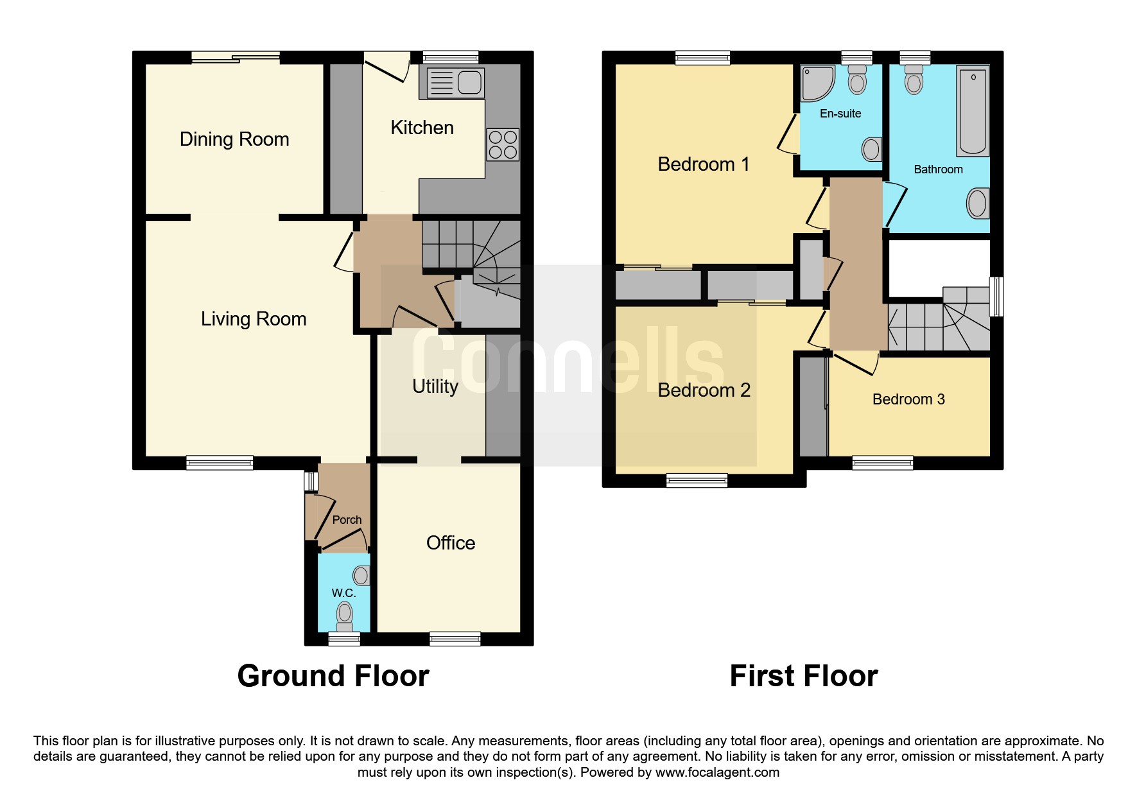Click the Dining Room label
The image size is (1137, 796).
[234, 139]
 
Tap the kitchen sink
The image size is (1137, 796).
[455, 83]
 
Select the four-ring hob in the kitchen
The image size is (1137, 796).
[503, 144]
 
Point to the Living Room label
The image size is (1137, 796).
[254, 319]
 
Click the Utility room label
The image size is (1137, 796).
[435, 386]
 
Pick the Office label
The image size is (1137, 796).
[451, 543]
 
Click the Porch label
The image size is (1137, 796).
[347, 520]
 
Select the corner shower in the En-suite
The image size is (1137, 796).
[817, 83]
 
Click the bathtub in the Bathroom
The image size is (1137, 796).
[973, 110]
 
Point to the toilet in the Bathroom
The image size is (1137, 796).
[914, 79]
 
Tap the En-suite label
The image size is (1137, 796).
[840, 114]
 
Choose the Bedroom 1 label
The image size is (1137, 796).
[704, 164]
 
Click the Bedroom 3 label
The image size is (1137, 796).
[908, 399]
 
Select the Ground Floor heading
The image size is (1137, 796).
[333, 676]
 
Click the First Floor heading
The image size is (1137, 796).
[804, 676]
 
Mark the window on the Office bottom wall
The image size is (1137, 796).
[455, 639]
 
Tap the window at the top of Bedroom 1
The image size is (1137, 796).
[703, 58]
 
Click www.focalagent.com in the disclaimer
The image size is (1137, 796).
[717, 772]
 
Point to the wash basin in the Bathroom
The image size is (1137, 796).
[978, 203]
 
